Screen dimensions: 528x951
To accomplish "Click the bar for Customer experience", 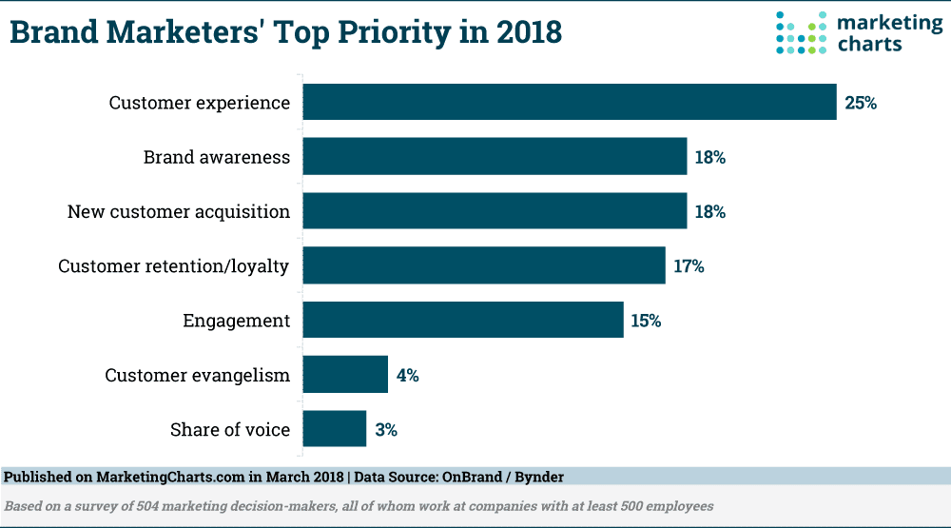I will point(570,102).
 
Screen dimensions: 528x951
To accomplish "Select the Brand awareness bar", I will point(495,157).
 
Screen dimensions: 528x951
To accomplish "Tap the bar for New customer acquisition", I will point(495,211).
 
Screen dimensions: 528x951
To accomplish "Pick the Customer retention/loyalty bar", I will point(484,265).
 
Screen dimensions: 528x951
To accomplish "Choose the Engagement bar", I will point(463,321).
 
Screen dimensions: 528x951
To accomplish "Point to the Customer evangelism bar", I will point(345,375).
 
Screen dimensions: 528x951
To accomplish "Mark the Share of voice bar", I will point(335,429).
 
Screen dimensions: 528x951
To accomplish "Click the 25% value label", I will point(860,103).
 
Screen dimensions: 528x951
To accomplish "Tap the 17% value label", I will point(689,266).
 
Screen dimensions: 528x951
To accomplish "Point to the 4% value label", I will point(407,375).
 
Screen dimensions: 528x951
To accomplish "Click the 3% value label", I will point(385,430).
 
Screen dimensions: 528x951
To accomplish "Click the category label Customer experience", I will point(200,103).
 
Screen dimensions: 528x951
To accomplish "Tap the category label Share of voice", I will point(230,430).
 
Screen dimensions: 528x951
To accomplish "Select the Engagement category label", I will point(236,321).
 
